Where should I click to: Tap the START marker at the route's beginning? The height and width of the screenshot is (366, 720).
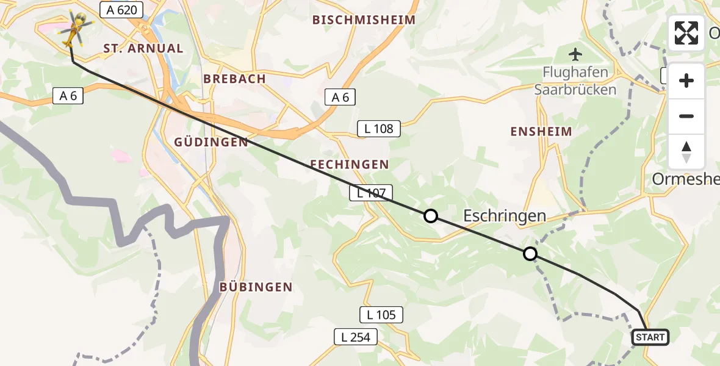650,337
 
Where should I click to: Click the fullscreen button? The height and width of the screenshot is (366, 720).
686,33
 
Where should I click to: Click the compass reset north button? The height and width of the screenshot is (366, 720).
686,152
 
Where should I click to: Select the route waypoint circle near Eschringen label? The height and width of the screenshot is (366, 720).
530,254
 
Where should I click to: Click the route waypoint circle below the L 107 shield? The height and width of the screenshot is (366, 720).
431,215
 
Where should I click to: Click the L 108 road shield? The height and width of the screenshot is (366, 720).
379,129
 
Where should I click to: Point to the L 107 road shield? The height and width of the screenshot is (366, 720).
368,193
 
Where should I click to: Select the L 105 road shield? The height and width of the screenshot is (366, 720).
381,315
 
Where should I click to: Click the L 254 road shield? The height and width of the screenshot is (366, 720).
356,337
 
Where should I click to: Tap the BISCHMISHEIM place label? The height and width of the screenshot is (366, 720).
364,20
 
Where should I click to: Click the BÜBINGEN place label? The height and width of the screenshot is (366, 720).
256,287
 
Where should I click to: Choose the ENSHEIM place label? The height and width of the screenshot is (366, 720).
542,132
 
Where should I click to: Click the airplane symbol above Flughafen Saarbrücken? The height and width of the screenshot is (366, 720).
575,54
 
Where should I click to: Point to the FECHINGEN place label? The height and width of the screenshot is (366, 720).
349,165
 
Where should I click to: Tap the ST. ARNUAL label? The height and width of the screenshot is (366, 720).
143,49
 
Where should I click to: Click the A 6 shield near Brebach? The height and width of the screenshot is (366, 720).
340,96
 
